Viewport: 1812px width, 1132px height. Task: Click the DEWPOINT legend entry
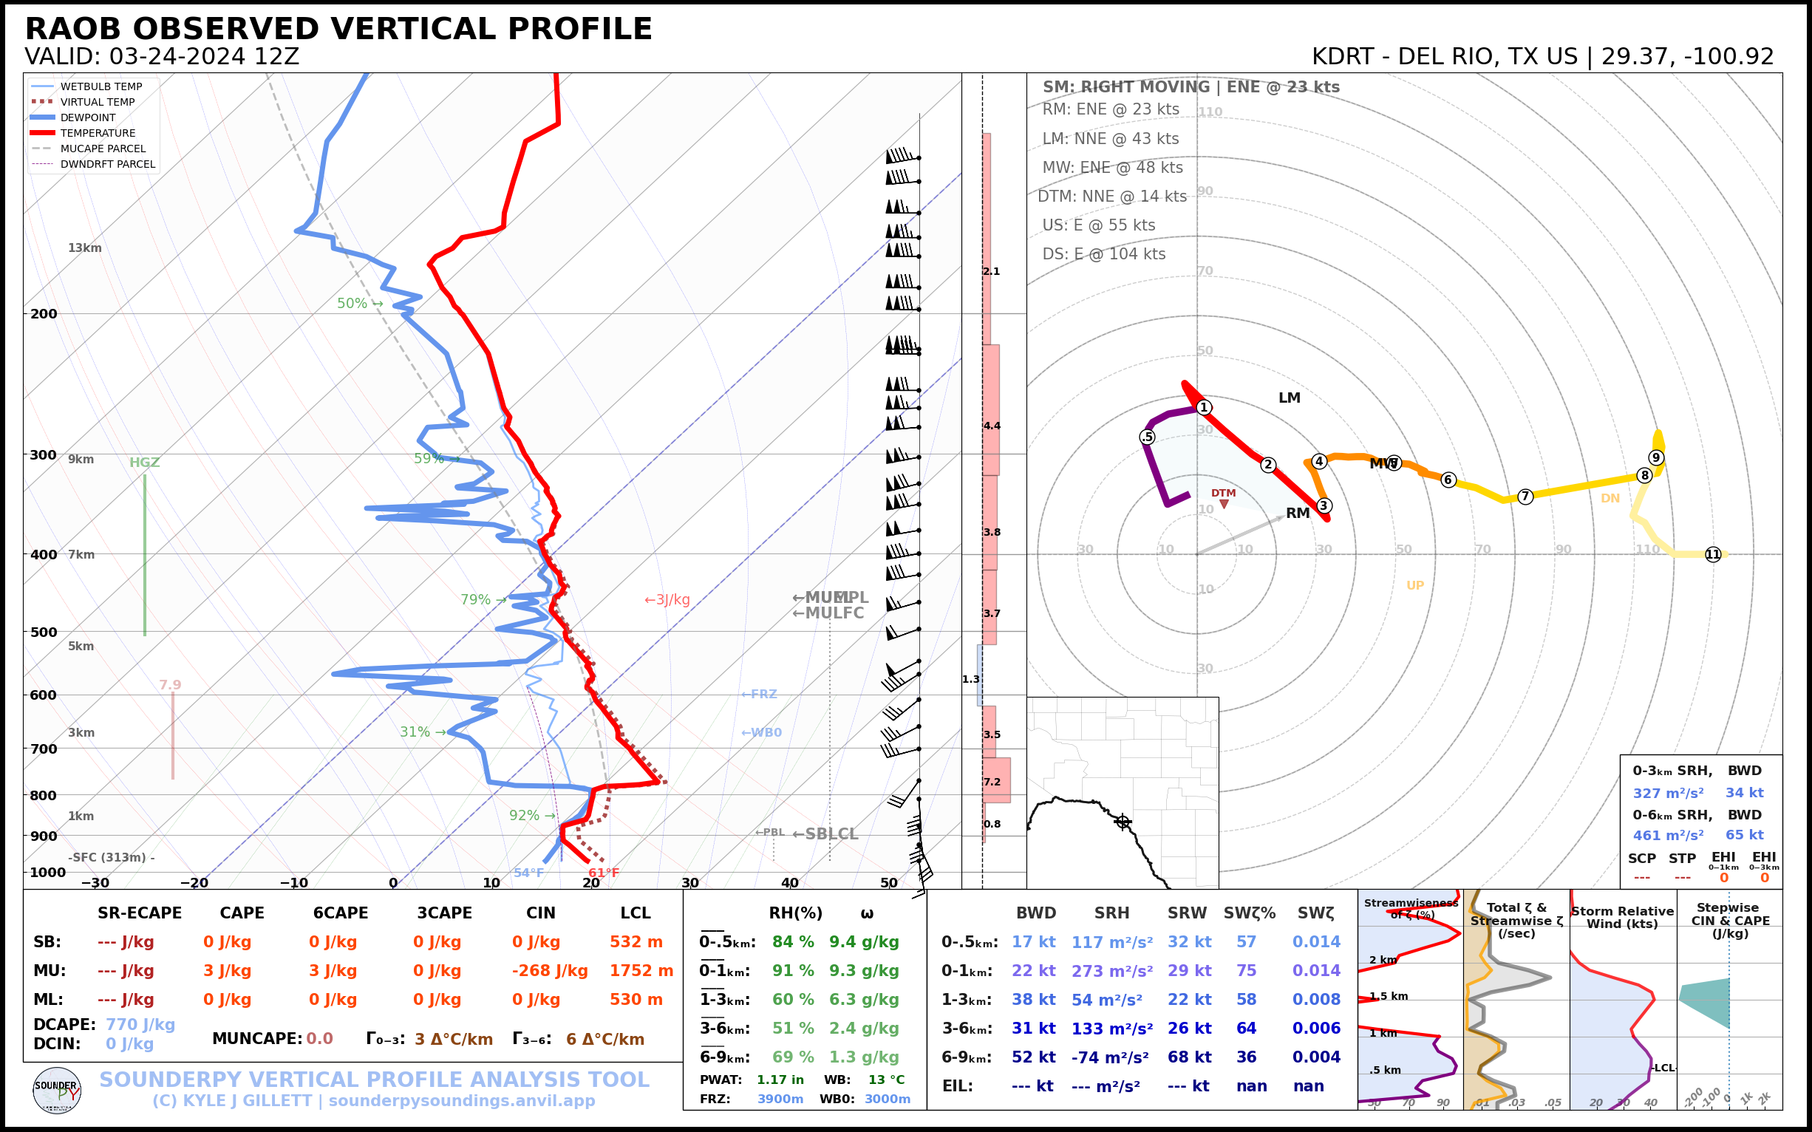(x=88, y=117)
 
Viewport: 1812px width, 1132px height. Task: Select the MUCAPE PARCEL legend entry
(x=103, y=149)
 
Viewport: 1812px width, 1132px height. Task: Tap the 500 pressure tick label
(x=44, y=632)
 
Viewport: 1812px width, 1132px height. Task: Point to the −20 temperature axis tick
(x=194, y=883)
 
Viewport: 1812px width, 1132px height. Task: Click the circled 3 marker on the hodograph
(x=1323, y=505)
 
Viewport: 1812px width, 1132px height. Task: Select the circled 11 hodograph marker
(x=1712, y=554)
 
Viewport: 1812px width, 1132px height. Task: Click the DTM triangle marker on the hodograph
(x=1224, y=504)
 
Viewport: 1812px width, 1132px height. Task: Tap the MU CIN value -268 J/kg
(x=550, y=971)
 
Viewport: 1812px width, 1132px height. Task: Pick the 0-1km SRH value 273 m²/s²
(x=1111, y=971)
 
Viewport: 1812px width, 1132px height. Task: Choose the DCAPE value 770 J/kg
(x=140, y=1024)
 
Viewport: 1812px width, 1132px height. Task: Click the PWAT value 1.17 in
(x=780, y=1080)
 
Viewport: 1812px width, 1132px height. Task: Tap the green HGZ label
(x=145, y=463)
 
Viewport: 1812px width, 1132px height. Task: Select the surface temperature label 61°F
(x=604, y=873)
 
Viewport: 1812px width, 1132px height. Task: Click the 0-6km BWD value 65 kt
(x=1744, y=835)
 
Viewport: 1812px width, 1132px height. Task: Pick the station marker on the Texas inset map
(x=1122, y=822)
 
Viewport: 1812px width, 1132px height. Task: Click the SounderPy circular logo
(x=57, y=1091)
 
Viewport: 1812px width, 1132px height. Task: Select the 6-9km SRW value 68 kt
(x=1188, y=1057)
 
